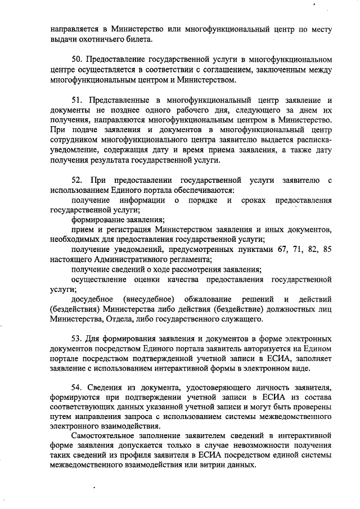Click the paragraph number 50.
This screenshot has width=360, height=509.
[x=78, y=59]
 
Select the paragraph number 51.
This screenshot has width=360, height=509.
[x=78, y=100]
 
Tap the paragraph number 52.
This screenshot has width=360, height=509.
[x=78, y=179]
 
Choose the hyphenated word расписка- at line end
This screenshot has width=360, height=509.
[x=312, y=139]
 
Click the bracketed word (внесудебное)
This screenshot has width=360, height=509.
[x=149, y=299]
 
